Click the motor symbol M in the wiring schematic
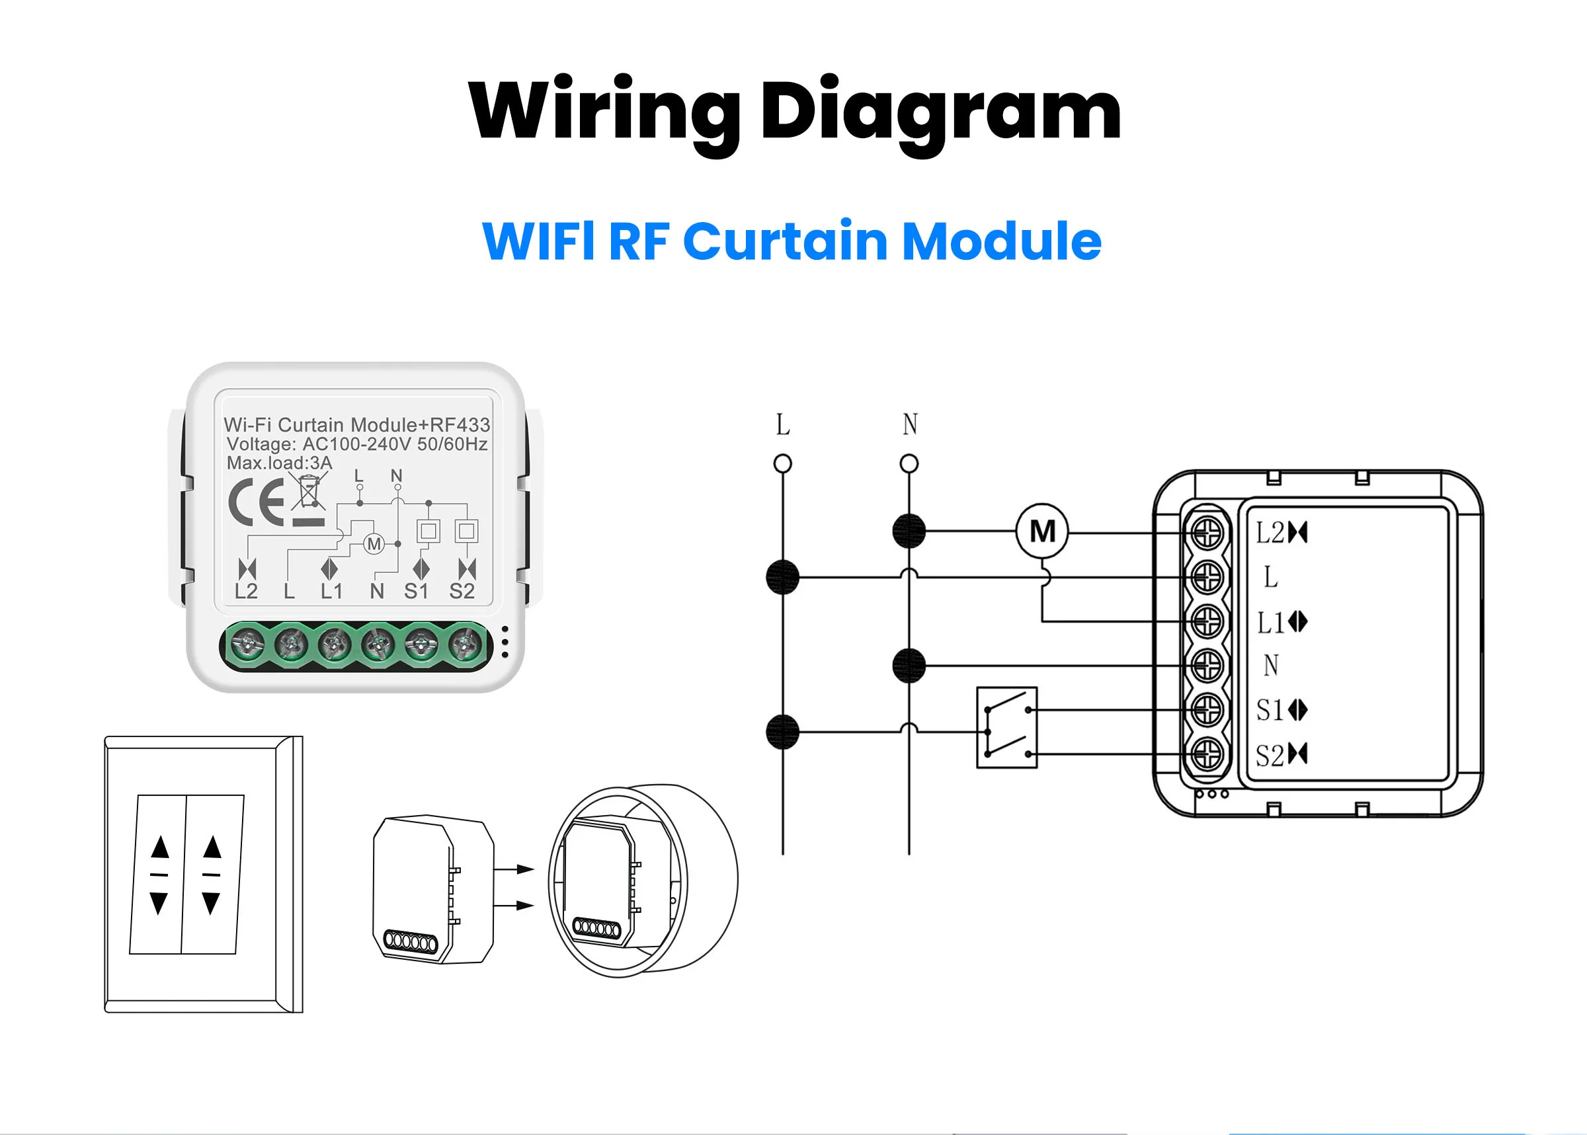point(1041,531)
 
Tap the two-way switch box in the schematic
point(1006,727)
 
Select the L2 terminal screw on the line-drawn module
point(1206,533)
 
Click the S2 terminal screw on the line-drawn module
point(1206,754)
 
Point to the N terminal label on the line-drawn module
point(1270,666)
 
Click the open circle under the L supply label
point(782,463)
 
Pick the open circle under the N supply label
point(908,463)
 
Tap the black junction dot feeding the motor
point(908,531)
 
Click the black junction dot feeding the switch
point(782,732)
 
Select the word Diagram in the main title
point(940,112)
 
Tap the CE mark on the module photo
point(256,502)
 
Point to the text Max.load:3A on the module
point(279,463)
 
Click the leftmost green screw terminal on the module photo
point(248,644)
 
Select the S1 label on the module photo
point(416,591)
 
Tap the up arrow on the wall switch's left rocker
point(160,846)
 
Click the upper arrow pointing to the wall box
point(514,869)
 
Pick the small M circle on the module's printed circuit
point(374,544)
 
